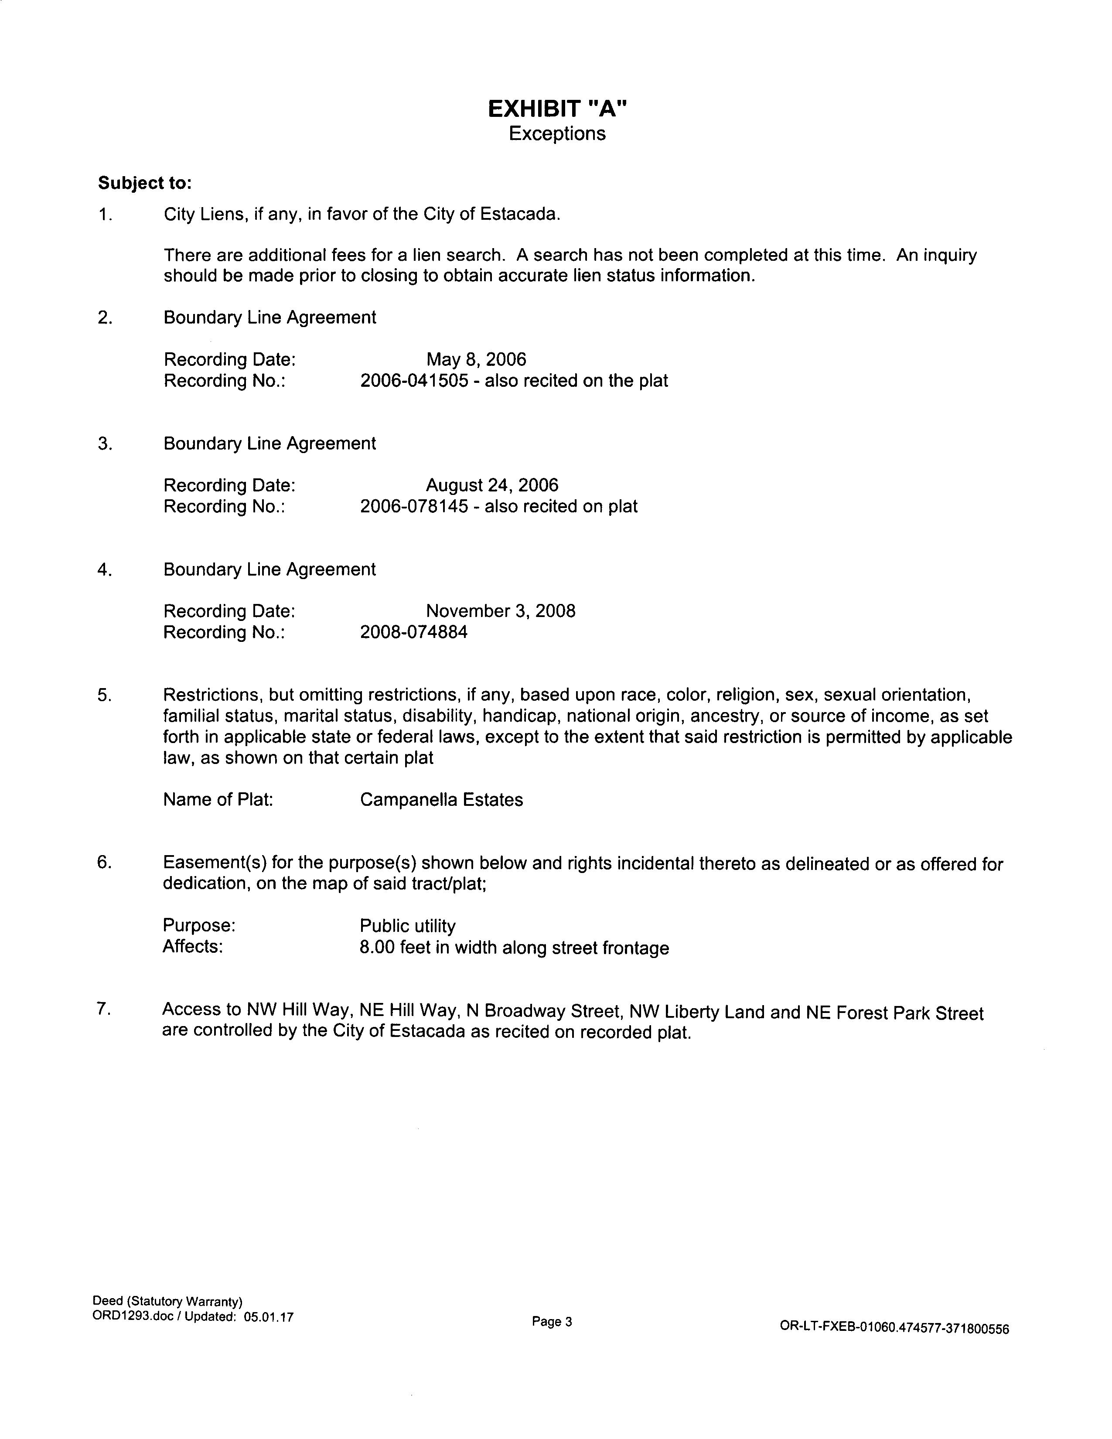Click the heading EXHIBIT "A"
557,109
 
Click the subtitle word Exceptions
557,134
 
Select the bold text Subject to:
145,183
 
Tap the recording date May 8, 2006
476,360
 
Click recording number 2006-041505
414,381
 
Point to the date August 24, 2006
492,486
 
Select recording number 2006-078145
414,507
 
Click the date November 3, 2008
501,611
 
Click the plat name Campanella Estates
441,800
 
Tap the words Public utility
408,926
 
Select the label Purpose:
199,926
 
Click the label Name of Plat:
218,800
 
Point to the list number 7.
103,1009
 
